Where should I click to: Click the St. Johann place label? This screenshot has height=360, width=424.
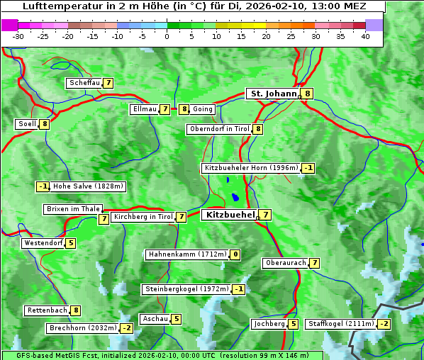(x=273, y=94)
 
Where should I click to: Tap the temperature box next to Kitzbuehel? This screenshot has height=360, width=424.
(x=264, y=215)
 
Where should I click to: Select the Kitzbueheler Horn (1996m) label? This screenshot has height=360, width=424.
(x=251, y=168)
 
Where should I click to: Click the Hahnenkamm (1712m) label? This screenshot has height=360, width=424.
(x=187, y=254)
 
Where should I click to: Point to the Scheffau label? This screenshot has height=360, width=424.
(x=84, y=83)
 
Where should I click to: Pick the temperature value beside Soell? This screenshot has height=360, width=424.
(x=45, y=124)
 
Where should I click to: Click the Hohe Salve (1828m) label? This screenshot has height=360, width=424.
(x=89, y=186)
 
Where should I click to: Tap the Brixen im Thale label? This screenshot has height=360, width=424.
(x=73, y=209)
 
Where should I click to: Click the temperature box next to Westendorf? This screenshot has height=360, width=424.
(x=70, y=243)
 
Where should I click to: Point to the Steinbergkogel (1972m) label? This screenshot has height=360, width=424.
(x=186, y=289)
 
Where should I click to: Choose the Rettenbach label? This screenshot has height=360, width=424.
(x=48, y=310)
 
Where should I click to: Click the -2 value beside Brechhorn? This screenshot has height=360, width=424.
(x=126, y=328)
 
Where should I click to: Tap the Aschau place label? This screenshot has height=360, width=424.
(x=155, y=319)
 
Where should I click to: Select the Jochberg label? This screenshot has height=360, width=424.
(x=269, y=324)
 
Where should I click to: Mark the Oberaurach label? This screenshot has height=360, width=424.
(x=285, y=263)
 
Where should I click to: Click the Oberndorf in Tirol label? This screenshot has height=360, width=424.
(x=220, y=129)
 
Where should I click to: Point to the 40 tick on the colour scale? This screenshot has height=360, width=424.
(x=365, y=35)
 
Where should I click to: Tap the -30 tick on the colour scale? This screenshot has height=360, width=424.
(x=19, y=35)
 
